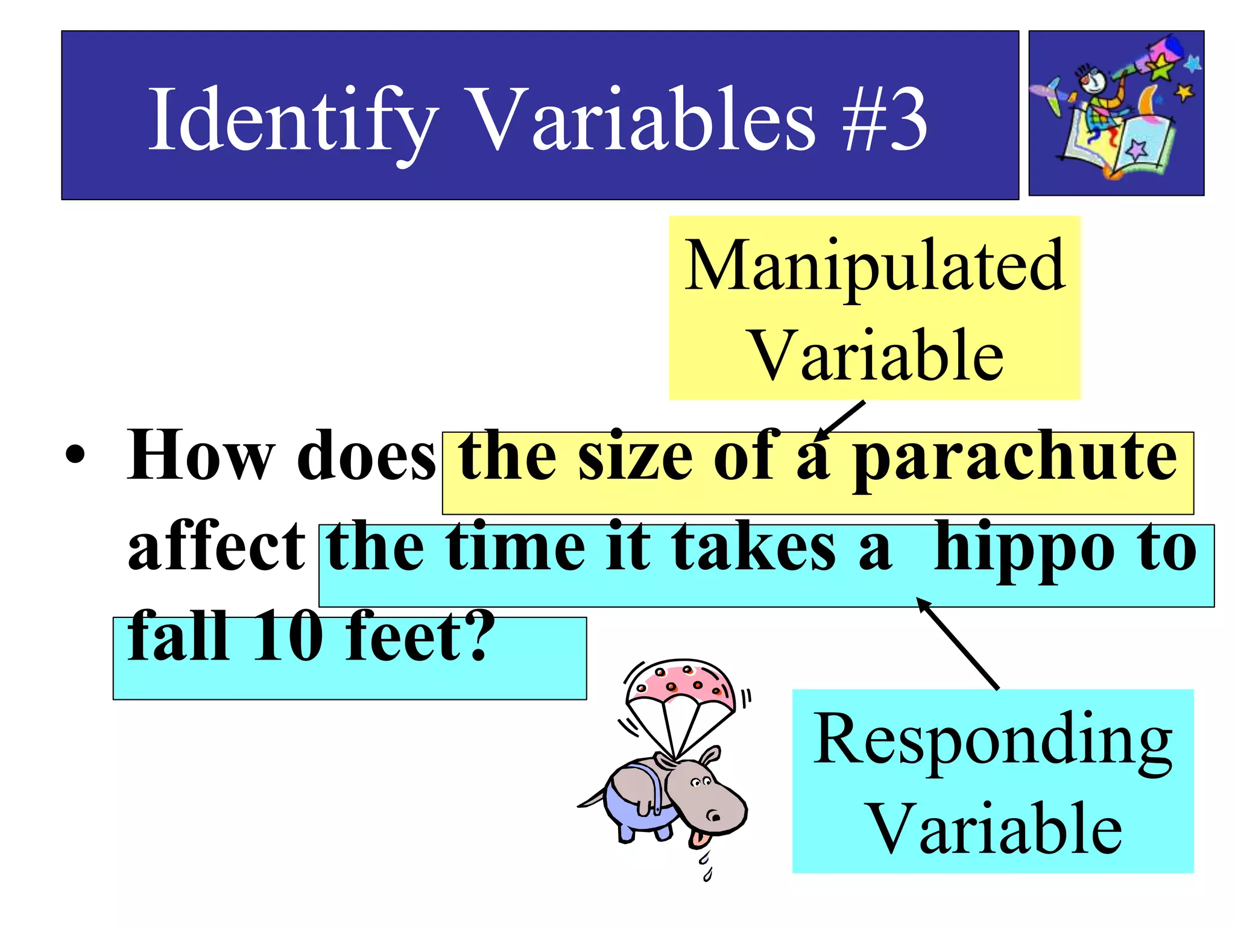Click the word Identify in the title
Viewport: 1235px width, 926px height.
coord(293,121)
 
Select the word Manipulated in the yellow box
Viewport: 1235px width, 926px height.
coord(874,265)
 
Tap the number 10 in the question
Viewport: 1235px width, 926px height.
coord(283,637)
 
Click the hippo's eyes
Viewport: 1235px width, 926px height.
coord(701,783)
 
